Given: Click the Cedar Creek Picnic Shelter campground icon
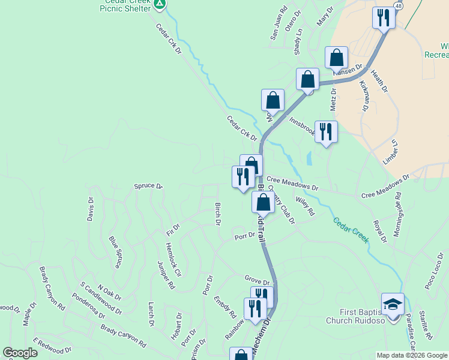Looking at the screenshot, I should [159, 4].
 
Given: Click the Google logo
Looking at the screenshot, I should [20, 353].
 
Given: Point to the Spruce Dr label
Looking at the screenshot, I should [148, 187].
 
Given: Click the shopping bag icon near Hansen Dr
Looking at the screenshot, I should [337, 58].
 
